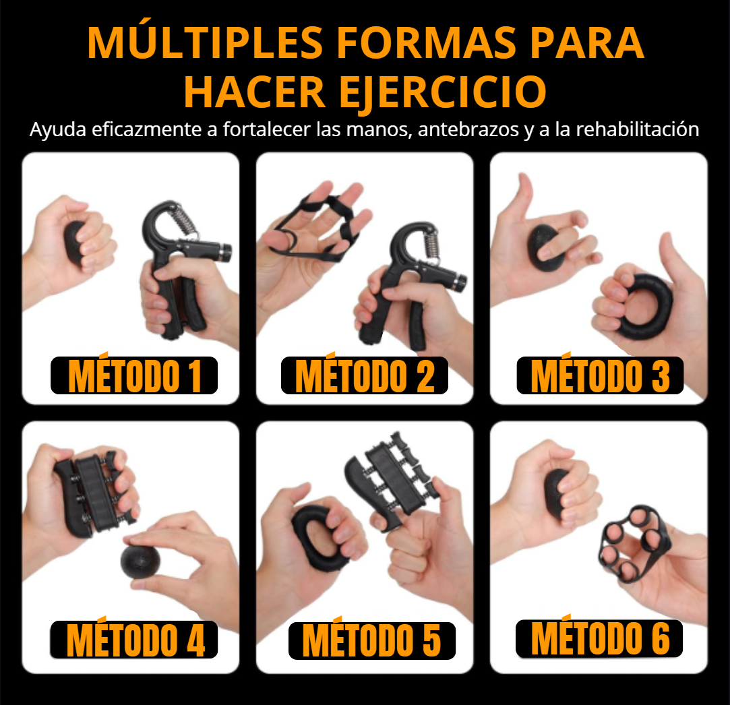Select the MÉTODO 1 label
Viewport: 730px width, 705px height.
pyautogui.click(x=134, y=375)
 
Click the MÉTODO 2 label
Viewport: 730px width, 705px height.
pyautogui.click(x=365, y=375)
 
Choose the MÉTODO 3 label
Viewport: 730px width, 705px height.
pyautogui.click(x=600, y=375)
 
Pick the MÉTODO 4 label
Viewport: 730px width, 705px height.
pyautogui.click(x=134, y=640)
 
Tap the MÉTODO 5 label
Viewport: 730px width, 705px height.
pyautogui.click(x=371, y=640)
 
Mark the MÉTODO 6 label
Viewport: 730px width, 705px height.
pyautogui.click(x=599, y=638)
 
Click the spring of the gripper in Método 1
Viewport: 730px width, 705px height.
pyautogui.click(x=182, y=222)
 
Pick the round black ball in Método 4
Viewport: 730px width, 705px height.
pyautogui.click(x=138, y=559)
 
